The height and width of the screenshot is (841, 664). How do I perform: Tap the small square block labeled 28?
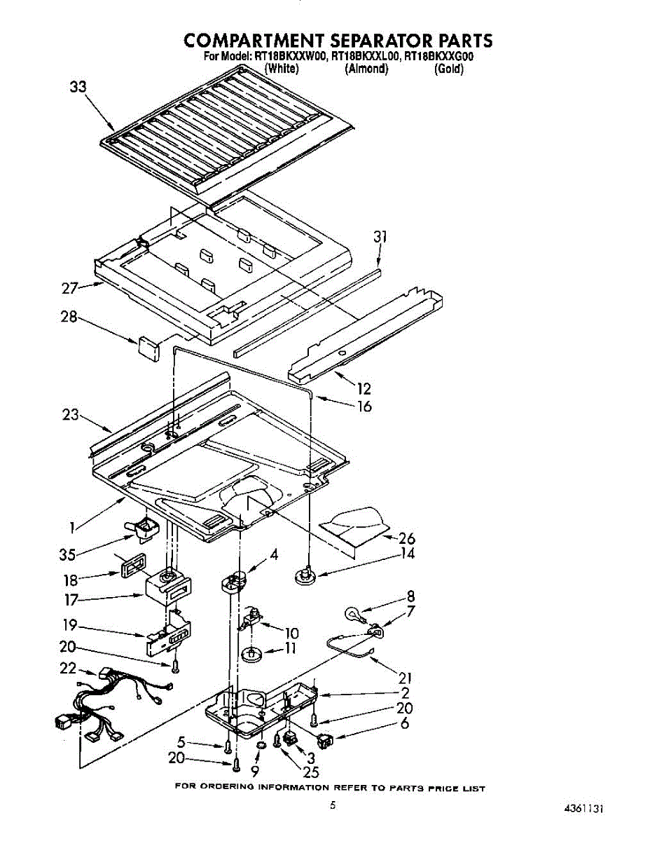(148, 346)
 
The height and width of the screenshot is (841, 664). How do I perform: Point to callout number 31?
(380, 238)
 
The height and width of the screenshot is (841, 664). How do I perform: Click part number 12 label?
(364, 389)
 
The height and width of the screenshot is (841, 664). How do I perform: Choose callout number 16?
(364, 406)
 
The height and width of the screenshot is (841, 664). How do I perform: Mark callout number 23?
(70, 414)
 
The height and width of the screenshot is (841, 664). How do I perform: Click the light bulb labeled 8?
(354, 615)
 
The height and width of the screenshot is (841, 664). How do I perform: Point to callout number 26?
(406, 538)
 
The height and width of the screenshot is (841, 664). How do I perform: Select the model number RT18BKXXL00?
(366, 57)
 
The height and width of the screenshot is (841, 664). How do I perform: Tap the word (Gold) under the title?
(448, 69)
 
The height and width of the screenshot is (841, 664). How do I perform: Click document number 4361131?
(583, 807)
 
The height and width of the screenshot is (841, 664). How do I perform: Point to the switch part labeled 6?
(326, 739)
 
